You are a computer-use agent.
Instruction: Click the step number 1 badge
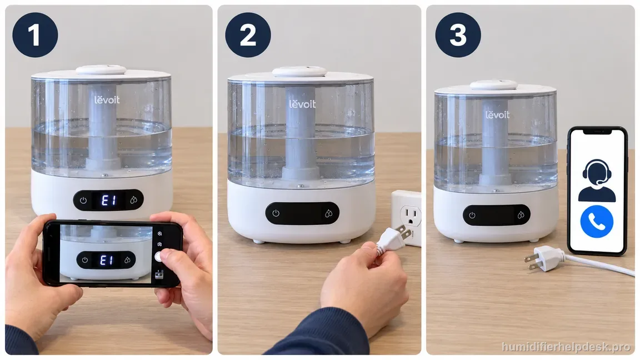(35, 34)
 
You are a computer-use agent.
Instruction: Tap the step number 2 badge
(248, 34)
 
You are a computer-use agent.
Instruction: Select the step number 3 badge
(458, 34)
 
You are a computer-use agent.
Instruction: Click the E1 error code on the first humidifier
(108, 201)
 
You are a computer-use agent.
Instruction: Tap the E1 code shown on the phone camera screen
(106, 260)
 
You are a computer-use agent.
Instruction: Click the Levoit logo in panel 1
(107, 99)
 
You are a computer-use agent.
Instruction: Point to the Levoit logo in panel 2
(302, 104)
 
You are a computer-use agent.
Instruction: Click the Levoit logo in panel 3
(498, 114)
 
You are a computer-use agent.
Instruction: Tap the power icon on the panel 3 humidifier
(472, 215)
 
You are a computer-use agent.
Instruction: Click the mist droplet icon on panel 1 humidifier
(133, 201)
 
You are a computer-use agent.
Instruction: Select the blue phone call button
(596, 222)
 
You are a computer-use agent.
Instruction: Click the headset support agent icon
(597, 181)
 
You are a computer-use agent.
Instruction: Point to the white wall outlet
(407, 218)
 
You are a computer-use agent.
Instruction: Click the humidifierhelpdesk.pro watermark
(566, 347)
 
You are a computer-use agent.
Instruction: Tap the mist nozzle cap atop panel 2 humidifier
(299, 72)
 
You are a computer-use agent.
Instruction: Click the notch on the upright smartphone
(597, 132)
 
